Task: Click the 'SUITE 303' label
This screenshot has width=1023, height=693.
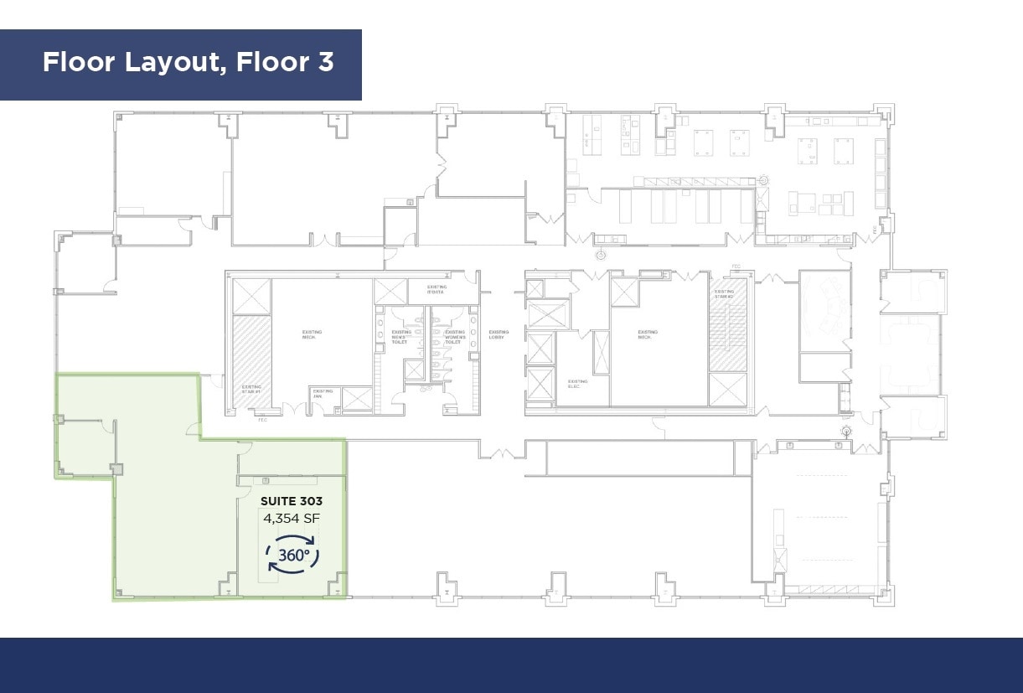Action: [292, 501]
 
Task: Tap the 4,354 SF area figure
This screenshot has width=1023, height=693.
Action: [292, 518]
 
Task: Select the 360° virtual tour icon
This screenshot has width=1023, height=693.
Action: [292, 555]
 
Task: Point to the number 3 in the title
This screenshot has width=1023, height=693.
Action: [326, 62]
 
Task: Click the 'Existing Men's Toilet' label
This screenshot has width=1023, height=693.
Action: [400, 338]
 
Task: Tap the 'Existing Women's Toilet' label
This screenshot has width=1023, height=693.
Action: [454, 338]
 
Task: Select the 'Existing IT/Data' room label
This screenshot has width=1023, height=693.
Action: [437, 290]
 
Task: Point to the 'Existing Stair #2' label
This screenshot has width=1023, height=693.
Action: [724, 294]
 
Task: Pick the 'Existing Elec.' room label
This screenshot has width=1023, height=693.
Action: [577, 383]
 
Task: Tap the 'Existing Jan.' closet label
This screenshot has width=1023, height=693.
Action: [323, 393]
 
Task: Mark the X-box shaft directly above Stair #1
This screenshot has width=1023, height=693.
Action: [251, 297]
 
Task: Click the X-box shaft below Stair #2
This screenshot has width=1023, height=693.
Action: [727, 390]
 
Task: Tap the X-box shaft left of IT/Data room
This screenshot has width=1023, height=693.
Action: [390, 292]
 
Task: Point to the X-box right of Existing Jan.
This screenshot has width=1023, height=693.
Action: [357, 399]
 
